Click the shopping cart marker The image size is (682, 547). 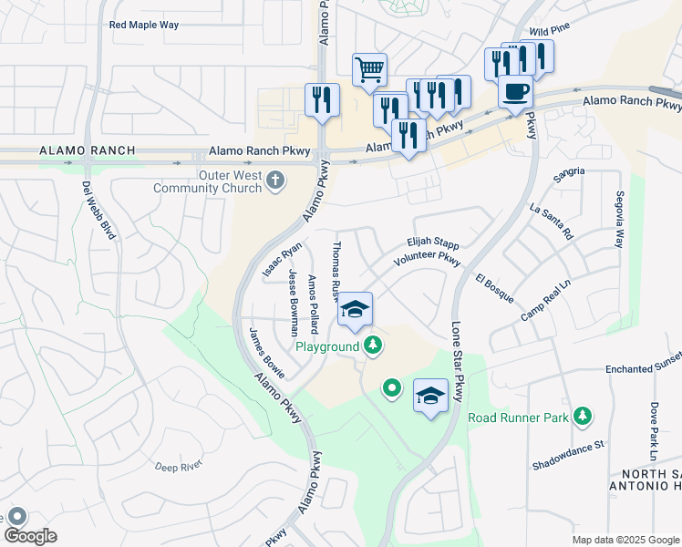369,69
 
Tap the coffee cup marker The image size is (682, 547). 516,92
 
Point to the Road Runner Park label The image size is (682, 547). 518,418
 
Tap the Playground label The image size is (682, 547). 326,346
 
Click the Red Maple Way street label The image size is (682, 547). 144,26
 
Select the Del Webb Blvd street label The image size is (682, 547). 99,210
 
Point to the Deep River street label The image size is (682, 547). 178,467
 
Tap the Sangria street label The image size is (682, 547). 569,170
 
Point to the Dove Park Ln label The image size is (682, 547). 654,429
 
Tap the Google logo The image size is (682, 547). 30,536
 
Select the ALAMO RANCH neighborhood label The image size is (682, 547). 88,150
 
